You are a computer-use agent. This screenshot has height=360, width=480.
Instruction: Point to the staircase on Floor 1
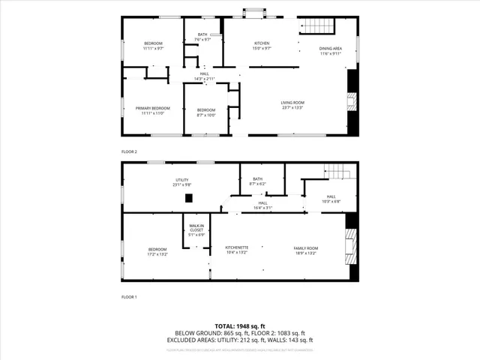(341, 172)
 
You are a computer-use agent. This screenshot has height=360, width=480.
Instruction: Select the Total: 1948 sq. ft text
(239, 326)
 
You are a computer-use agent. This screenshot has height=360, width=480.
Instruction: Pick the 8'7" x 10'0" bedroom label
(205, 112)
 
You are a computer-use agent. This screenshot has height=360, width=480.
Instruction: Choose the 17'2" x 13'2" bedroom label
(157, 251)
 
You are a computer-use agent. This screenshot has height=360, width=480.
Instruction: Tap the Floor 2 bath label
(202, 37)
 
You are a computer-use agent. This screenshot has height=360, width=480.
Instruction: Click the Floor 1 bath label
(258, 181)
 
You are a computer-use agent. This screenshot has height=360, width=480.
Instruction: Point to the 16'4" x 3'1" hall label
(262, 205)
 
